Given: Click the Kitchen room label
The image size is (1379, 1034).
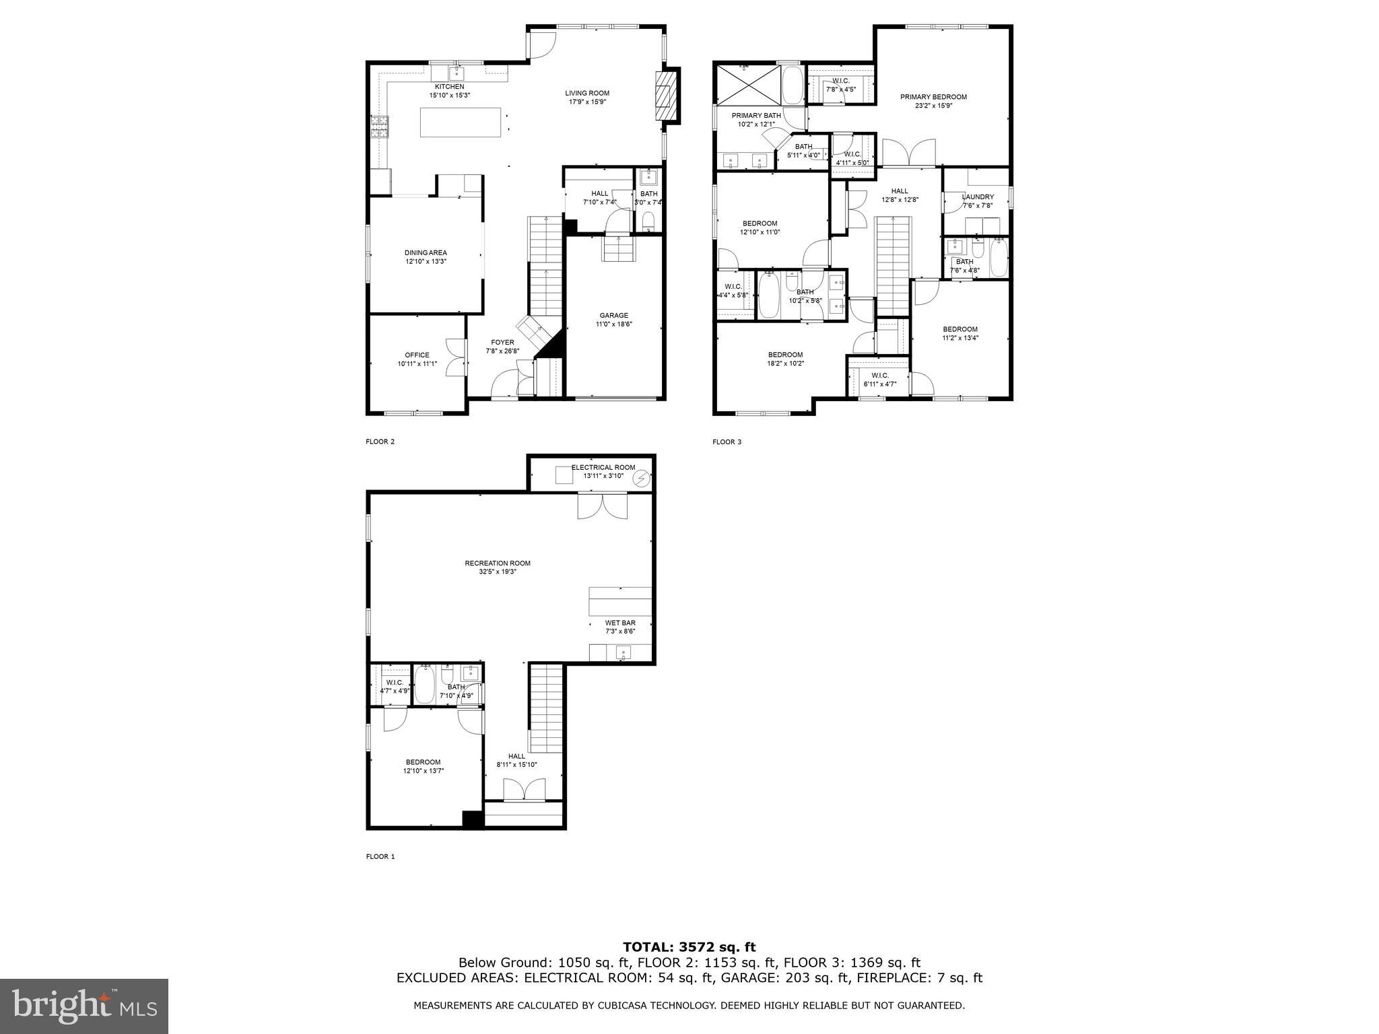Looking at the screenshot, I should [x=449, y=87].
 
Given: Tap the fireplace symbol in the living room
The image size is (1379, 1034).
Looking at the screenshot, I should [x=665, y=95].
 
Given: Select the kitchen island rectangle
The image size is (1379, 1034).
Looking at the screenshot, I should [x=461, y=123].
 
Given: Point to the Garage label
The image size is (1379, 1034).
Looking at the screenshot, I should [x=613, y=315].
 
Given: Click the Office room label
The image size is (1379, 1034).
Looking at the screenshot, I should [x=417, y=355].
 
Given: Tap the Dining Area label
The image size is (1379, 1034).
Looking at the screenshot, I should [x=426, y=253].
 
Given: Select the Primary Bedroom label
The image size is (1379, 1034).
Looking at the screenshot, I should [x=933, y=97].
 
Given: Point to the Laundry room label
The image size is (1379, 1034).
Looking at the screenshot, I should [x=978, y=197].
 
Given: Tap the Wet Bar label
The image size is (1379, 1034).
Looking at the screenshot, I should [x=620, y=623].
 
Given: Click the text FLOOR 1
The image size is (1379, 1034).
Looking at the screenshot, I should [x=380, y=856].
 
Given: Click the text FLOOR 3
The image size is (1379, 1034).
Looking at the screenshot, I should [x=727, y=442].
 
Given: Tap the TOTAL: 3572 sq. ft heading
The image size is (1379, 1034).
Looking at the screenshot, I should [x=689, y=947].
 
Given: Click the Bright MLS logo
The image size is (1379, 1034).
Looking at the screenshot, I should [x=84, y=1006].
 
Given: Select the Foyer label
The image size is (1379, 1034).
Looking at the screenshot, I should [x=502, y=343].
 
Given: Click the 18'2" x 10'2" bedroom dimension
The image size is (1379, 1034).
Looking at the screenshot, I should [x=785, y=364].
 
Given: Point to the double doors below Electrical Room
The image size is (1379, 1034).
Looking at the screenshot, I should [x=603, y=506].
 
